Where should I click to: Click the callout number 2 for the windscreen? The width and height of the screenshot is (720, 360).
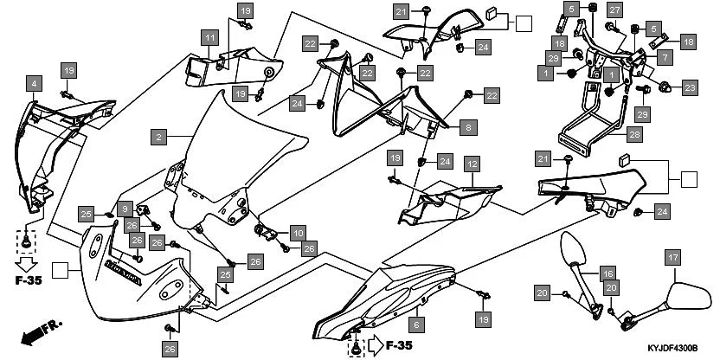point(157,137)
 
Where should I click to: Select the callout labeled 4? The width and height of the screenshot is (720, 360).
point(34,83)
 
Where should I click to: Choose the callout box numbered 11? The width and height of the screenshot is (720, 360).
point(209,37)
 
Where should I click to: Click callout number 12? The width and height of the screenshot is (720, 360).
point(472,164)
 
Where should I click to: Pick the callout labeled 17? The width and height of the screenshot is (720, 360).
point(673,256)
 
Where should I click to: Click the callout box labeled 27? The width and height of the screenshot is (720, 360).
point(614,10)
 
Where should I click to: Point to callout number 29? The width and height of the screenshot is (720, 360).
point(642,114)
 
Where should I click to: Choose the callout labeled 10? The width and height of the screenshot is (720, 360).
point(297,233)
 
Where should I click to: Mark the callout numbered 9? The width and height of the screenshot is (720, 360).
point(125,209)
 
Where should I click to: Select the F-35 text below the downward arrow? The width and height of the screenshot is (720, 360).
point(27,281)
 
